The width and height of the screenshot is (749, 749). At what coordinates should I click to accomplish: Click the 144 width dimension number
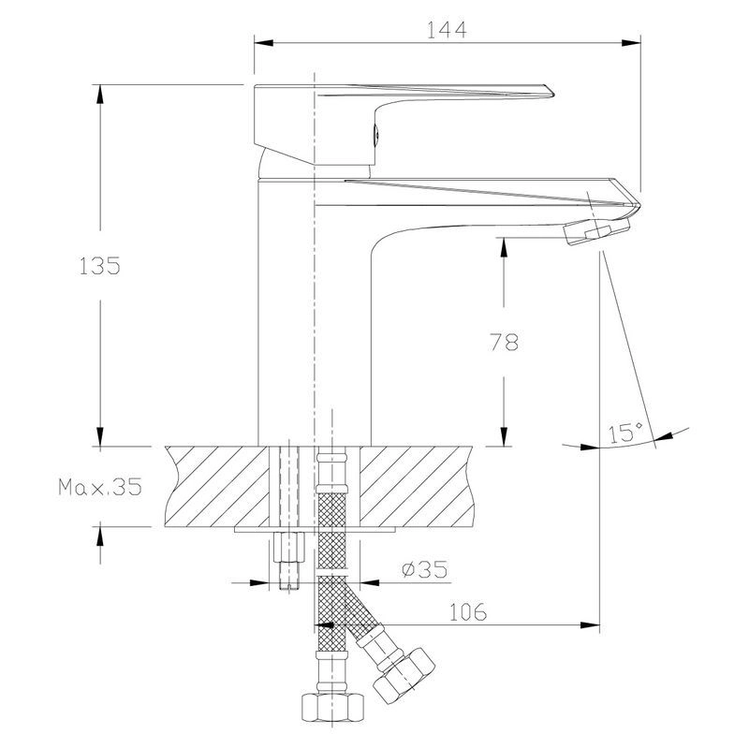(x=447, y=30)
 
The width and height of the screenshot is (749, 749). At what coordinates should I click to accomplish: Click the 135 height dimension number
(x=99, y=266)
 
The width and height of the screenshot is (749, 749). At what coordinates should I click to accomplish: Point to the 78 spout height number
(x=504, y=342)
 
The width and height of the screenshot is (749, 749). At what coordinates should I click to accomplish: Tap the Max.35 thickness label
(x=100, y=487)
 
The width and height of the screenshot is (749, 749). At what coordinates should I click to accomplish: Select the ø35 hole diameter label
(x=425, y=569)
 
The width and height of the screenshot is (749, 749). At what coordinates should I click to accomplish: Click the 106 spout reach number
(x=467, y=612)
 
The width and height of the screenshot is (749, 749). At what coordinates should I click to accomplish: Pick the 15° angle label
(x=625, y=433)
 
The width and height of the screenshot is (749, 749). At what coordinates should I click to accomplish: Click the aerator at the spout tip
(x=596, y=230)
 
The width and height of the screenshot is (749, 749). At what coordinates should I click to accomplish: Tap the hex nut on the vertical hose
(x=332, y=708)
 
